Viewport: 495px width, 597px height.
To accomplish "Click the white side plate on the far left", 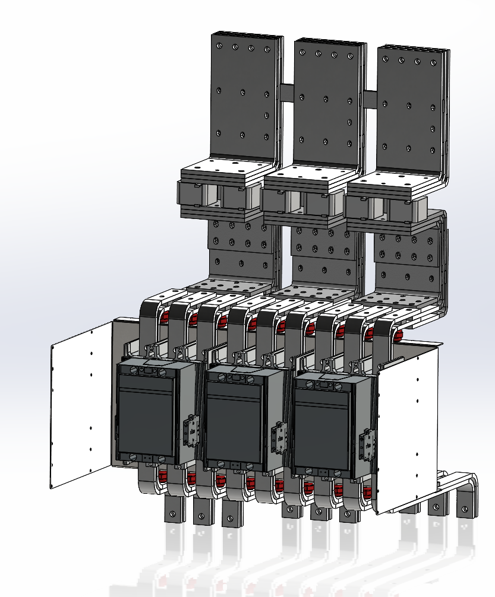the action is [81, 404].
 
